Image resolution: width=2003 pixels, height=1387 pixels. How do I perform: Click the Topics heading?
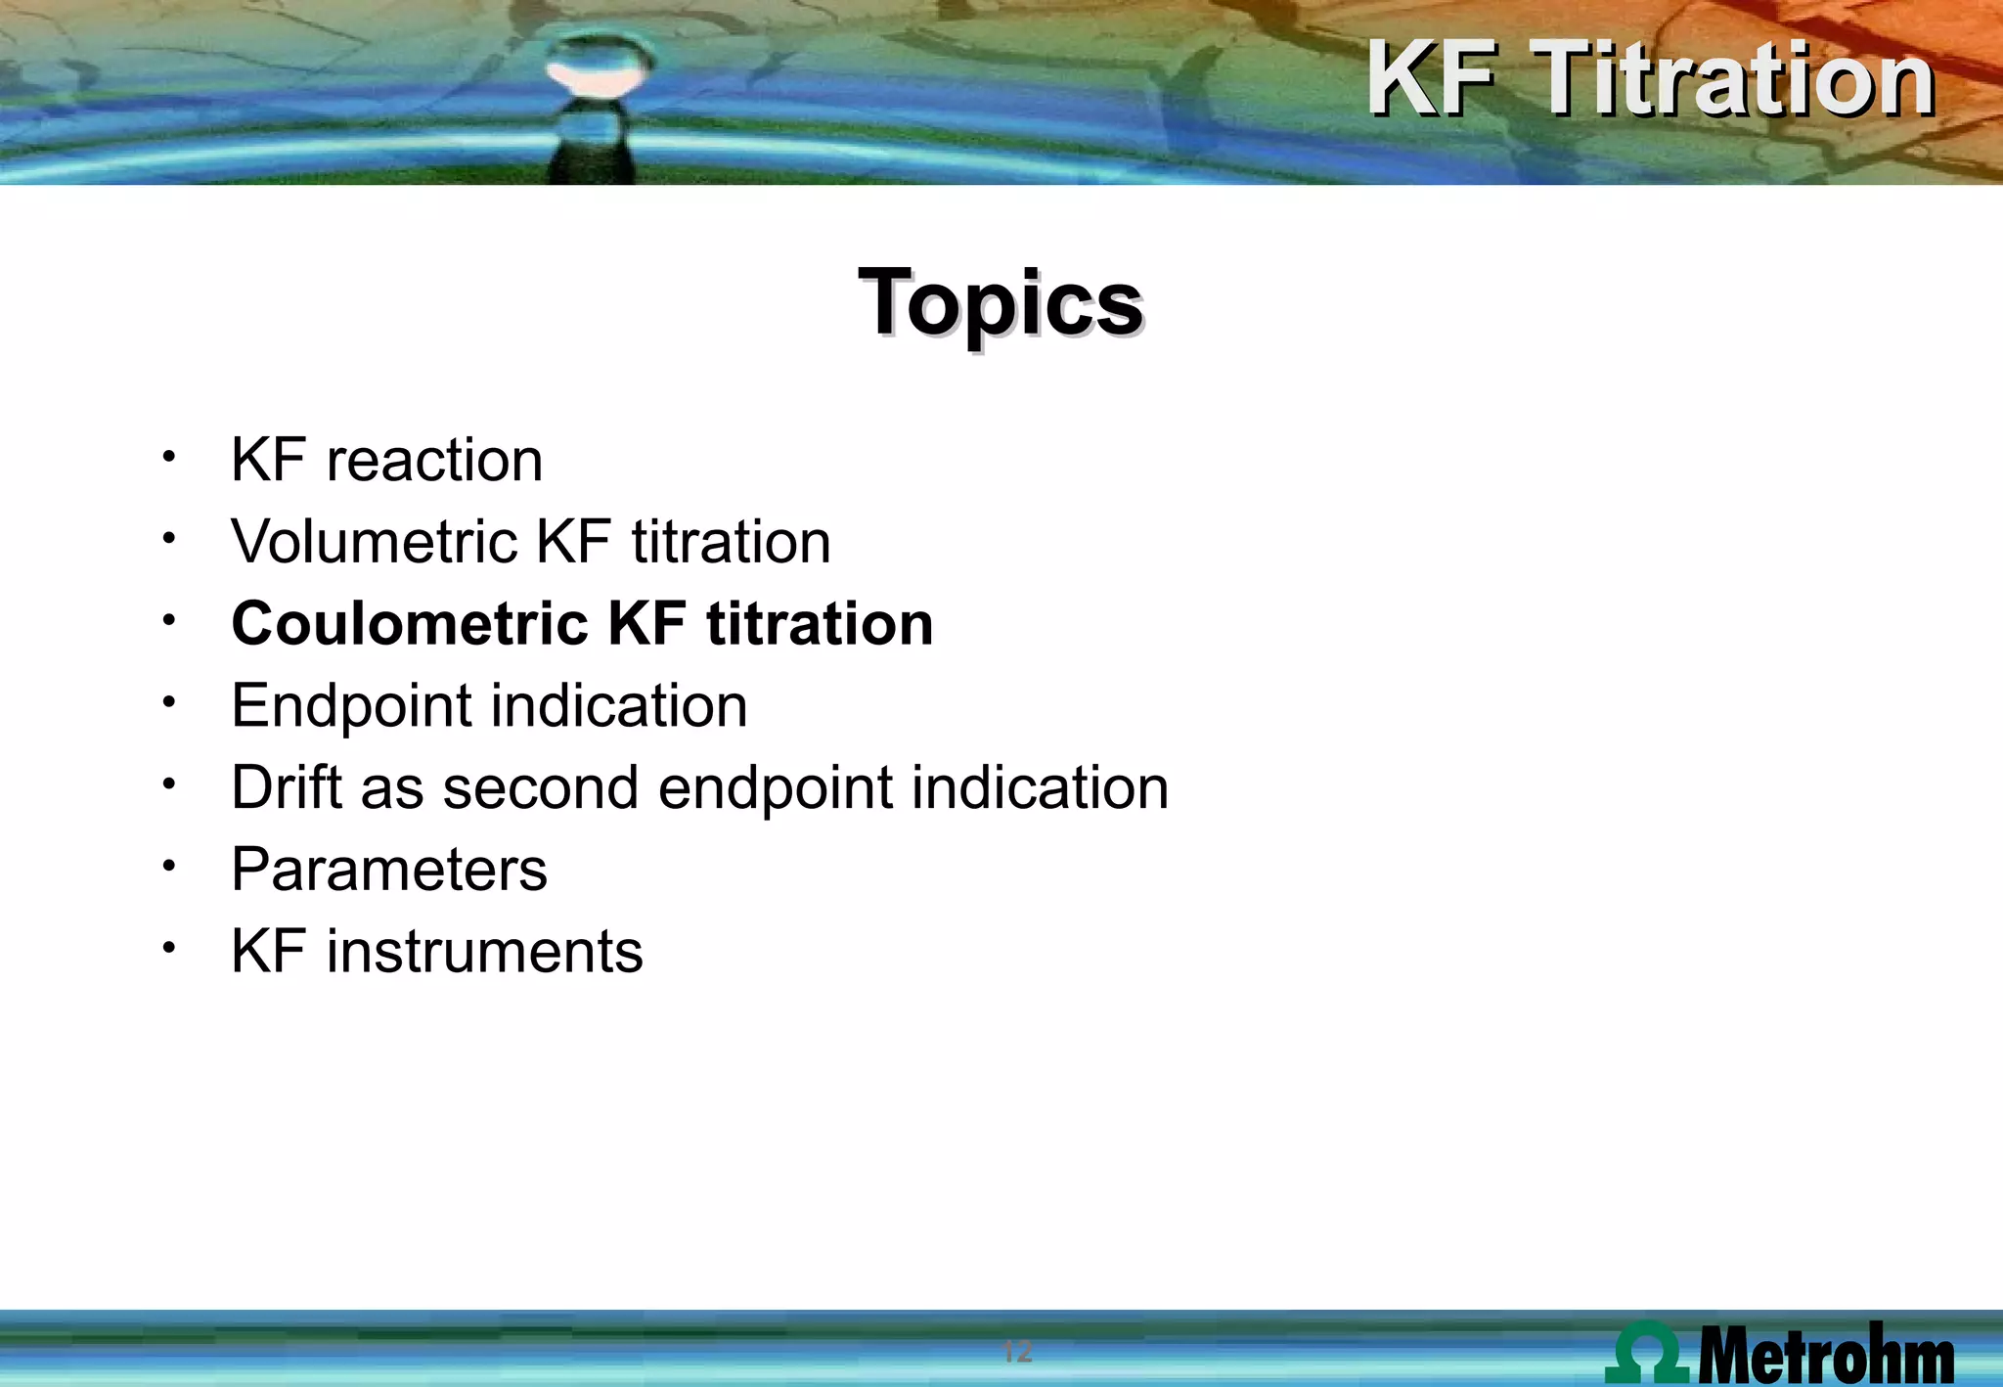(x=1001, y=303)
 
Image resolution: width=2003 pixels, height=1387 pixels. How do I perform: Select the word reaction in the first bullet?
(x=434, y=460)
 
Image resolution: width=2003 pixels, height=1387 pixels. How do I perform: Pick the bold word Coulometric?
(x=410, y=624)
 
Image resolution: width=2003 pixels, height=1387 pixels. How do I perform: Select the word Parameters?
(x=389, y=870)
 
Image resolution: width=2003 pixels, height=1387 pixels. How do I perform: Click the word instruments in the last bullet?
(x=484, y=952)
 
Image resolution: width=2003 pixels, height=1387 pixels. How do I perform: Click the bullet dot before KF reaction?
(x=169, y=457)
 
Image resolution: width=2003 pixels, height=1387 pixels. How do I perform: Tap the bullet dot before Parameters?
(x=169, y=866)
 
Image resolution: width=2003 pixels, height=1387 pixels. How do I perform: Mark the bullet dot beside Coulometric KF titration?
(x=169, y=620)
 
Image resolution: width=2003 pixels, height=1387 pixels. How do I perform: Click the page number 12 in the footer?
(x=1017, y=1353)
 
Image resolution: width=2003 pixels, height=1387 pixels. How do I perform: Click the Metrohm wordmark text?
(x=1825, y=1356)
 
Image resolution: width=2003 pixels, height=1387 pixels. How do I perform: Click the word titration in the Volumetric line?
(x=731, y=542)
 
